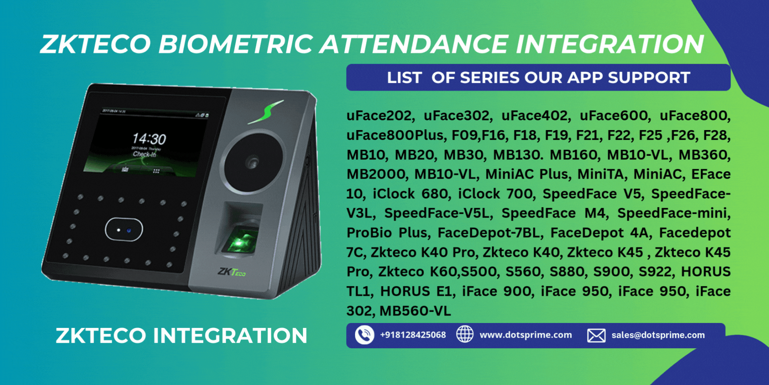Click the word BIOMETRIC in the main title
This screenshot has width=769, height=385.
click(x=236, y=44)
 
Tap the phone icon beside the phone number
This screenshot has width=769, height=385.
click(x=364, y=335)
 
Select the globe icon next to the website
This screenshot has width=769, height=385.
click(x=464, y=334)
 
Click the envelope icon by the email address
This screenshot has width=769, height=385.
click(x=596, y=335)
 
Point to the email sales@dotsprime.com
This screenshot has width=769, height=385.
click(x=658, y=335)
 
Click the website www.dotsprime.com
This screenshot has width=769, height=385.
click(x=526, y=335)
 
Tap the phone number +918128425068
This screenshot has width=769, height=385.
click(x=413, y=335)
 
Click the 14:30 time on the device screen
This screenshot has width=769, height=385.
click(x=149, y=139)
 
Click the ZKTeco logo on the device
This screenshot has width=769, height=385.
click(x=232, y=272)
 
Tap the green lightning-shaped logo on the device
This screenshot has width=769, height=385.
click(x=266, y=112)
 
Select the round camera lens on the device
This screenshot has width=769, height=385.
click(x=253, y=163)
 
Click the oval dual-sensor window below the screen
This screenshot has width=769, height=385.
click(x=124, y=230)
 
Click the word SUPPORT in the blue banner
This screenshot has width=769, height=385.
click(x=649, y=77)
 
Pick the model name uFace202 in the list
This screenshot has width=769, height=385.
click(x=380, y=115)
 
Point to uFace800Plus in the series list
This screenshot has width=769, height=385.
click(x=395, y=135)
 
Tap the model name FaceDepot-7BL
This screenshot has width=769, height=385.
click(x=491, y=233)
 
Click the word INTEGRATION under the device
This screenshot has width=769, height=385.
click(x=230, y=336)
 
